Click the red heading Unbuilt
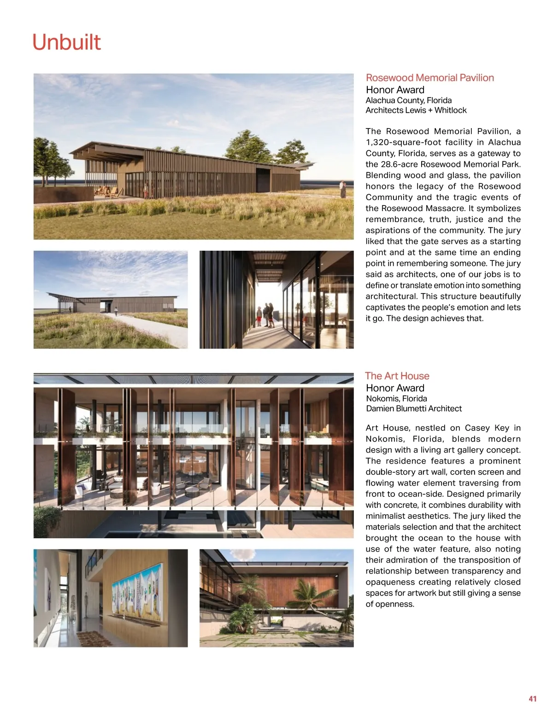click(66, 42)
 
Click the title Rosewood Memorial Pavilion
click(429, 78)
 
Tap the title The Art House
click(397, 376)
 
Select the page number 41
click(532, 699)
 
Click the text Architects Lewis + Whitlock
click(416, 110)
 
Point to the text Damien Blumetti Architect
click(413, 408)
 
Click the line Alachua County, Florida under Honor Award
click(408, 100)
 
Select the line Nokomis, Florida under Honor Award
click(396, 399)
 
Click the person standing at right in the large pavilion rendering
click(342, 188)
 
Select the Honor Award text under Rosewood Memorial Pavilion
click(395, 90)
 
